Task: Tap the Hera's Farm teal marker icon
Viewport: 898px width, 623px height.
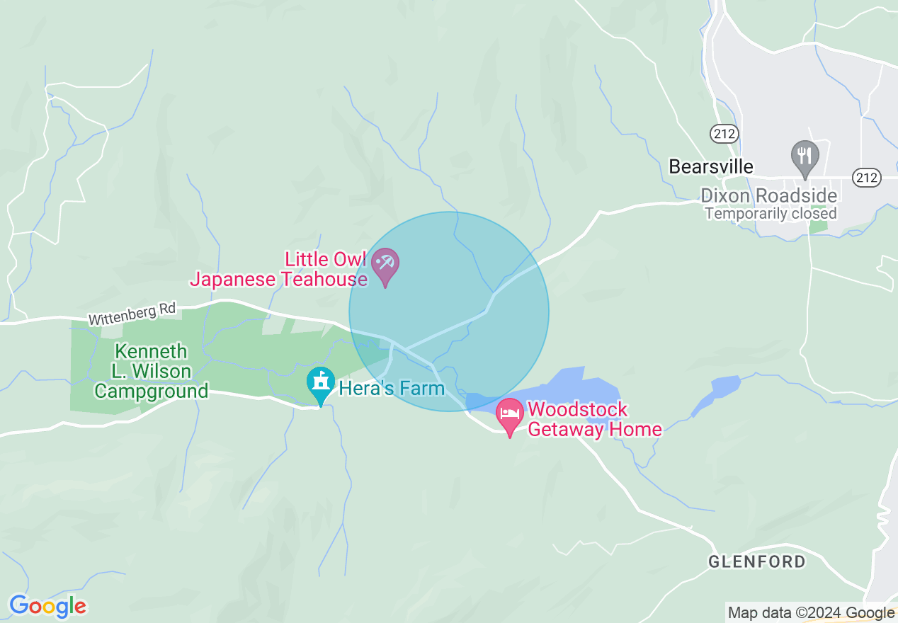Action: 321,384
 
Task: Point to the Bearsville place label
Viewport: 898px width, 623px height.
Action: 710,166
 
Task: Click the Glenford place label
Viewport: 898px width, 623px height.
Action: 756,562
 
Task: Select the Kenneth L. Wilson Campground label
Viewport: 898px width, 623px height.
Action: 151,371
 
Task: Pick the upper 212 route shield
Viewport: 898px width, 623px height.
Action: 726,133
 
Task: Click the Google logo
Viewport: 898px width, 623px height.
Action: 47,606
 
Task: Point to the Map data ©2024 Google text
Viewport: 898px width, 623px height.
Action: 812,612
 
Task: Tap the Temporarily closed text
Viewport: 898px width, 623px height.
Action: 771,213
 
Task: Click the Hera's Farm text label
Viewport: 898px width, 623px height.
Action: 392,388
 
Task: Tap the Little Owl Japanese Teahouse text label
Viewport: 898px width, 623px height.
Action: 278,269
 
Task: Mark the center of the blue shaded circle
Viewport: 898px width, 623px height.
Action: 449,311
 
